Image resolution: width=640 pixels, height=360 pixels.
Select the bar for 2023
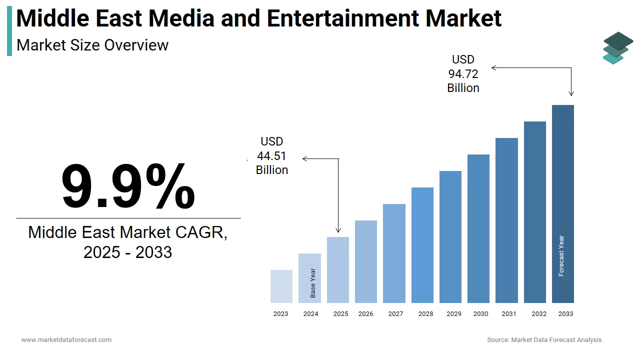pos(281,286)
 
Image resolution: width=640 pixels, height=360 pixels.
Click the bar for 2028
pos(422,245)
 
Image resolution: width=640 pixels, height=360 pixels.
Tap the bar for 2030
pos(478,228)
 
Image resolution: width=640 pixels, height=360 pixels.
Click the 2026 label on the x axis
pos(365,314)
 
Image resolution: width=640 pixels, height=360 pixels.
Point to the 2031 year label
pos(509,314)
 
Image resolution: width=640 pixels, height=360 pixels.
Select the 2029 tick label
pos(454,314)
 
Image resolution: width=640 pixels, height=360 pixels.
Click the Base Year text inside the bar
pos(313,283)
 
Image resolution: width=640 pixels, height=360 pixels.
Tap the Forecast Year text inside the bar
pos(561,256)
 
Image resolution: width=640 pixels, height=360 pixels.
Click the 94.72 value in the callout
pos(463,74)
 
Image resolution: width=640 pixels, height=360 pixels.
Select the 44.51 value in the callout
pos(271,156)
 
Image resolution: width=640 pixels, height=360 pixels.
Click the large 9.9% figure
pos(128,186)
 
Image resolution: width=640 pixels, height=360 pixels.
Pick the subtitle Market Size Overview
pos(92,45)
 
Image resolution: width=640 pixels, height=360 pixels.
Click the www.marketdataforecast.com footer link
pos(66,340)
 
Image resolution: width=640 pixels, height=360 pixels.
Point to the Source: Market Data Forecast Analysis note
pos(544,340)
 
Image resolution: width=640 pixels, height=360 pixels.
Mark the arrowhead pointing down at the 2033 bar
pos(571,93)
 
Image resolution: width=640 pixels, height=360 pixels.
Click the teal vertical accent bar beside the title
pos(9,31)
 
